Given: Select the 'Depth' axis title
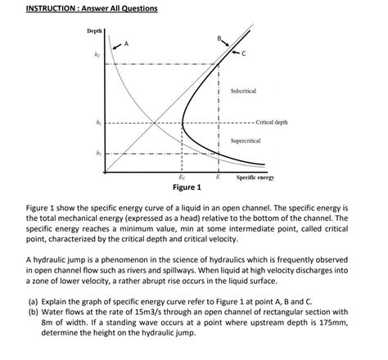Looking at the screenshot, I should (x=96, y=31).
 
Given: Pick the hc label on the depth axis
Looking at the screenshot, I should (x=97, y=122).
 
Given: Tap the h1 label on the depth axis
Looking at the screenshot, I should (x=97, y=152).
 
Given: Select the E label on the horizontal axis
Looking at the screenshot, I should (x=218, y=176).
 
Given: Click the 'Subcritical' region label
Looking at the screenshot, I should (x=245, y=90).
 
